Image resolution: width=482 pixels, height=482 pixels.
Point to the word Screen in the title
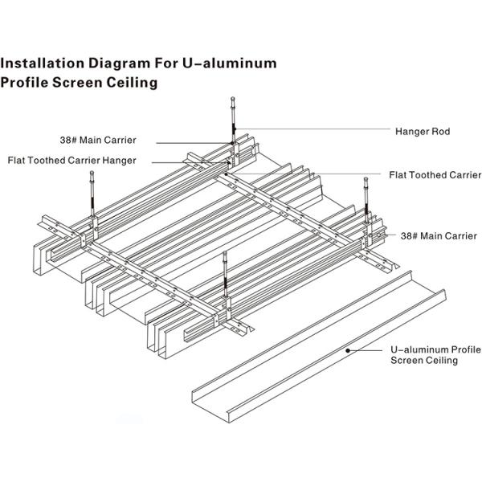78,82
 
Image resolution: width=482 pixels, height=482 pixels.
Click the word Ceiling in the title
129,82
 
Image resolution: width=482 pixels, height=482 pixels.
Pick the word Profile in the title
26,82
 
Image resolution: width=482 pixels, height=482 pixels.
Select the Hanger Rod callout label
423,130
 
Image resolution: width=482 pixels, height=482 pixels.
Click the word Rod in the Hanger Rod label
441,130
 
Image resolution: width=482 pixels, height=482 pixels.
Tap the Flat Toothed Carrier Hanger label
72,160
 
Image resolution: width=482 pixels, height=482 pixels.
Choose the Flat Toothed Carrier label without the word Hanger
435,174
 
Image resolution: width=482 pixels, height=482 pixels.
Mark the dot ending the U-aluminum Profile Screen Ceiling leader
347,350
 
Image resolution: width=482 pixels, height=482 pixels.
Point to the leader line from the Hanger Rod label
321,130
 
